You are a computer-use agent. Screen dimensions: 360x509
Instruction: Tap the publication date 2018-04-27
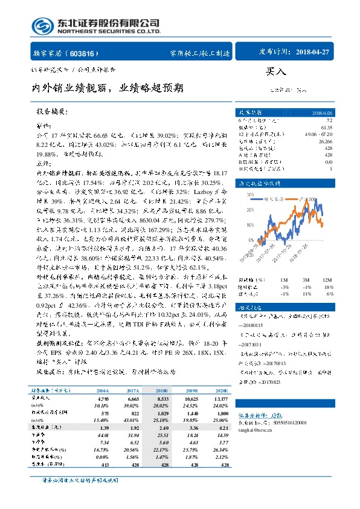coord(313,53)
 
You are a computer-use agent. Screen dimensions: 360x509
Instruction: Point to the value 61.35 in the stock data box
coord(327,128)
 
